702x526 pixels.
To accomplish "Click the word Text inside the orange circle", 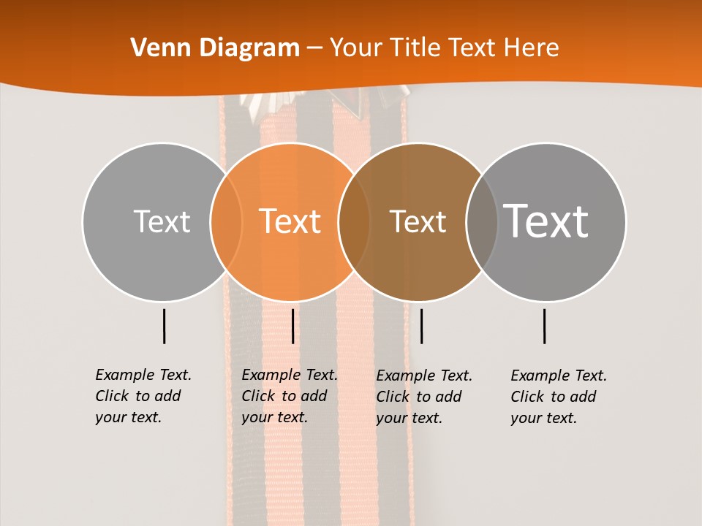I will (x=290, y=221).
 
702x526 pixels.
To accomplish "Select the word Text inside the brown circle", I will (x=418, y=221).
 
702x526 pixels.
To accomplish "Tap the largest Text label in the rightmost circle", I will (x=546, y=221).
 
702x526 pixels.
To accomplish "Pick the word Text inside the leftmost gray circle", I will (x=162, y=221).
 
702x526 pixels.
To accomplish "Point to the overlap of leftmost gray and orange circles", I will (x=226, y=222).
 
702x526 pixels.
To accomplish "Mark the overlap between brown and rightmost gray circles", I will (x=482, y=222).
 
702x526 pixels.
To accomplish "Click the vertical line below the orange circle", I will (x=292, y=326).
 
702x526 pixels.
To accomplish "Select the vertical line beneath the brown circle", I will (x=421, y=326).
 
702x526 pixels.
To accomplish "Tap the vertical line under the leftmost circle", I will (x=164, y=326).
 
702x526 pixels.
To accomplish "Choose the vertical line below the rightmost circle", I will (x=544, y=326).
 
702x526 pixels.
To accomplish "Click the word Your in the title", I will (x=355, y=48).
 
